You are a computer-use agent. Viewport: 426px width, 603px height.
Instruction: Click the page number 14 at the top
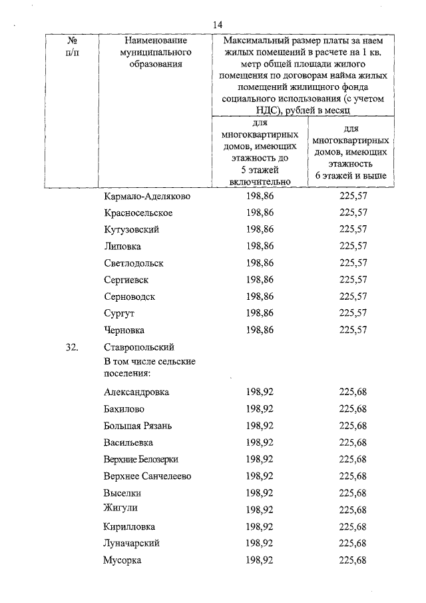218,24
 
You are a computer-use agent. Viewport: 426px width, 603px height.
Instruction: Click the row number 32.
73,347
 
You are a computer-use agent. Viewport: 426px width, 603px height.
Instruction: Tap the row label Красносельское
138,213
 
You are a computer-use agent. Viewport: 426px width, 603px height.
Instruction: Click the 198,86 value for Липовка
260,247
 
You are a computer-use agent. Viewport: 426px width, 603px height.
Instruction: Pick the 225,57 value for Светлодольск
353,263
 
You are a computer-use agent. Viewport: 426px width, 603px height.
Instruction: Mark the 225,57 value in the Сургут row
353,313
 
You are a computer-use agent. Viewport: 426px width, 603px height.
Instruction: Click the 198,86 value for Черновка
260,330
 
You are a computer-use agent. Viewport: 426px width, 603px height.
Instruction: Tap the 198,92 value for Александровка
260,392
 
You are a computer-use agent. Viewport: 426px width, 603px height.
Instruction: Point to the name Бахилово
124,408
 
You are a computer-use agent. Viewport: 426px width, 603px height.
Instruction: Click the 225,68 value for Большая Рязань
353,425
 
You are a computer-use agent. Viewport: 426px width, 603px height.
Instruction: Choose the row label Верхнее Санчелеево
148,476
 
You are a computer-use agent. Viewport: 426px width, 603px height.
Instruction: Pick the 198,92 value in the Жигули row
260,510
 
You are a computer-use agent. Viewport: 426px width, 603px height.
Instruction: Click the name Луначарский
132,544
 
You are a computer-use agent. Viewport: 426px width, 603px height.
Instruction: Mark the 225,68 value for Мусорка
353,560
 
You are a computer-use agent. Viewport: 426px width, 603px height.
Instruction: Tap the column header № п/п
73,47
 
